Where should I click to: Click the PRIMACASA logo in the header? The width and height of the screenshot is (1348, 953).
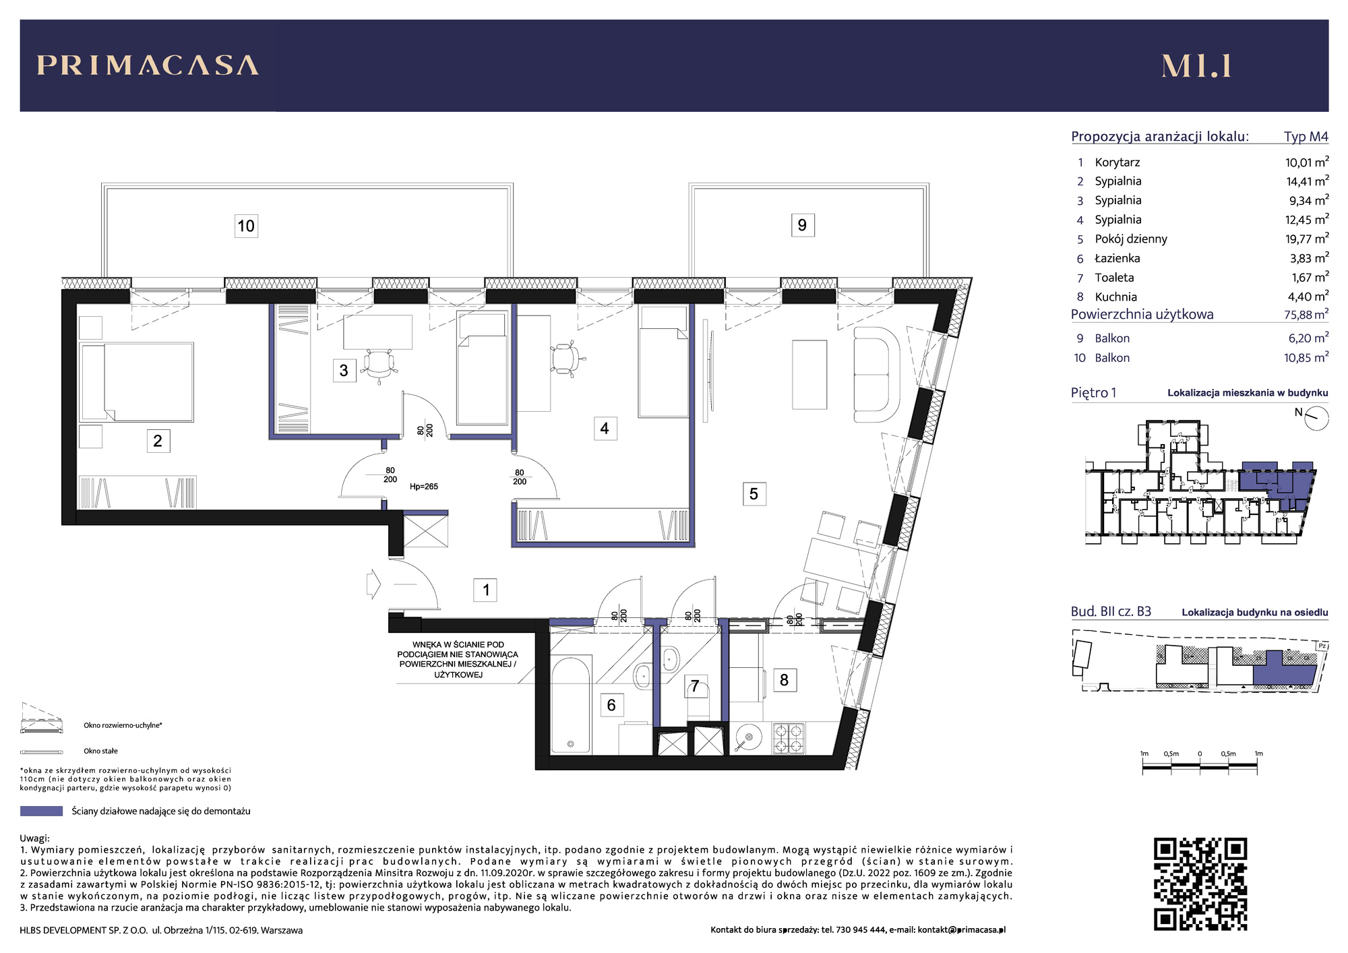coord(148,65)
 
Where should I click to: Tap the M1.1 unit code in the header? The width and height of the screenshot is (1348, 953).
coord(1196,66)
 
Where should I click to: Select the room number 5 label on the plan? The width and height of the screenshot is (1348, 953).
coord(754,494)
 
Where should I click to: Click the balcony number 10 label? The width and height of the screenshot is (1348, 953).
coord(246,226)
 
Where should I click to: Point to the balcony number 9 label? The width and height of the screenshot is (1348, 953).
coord(802,225)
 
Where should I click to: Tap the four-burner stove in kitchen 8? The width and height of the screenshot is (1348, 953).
coord(788,738)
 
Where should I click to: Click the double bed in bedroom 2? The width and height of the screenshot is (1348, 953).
coord(137,382)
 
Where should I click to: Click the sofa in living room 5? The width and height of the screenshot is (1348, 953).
coord(877,374)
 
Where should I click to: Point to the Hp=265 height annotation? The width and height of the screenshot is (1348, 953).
coord(424,487)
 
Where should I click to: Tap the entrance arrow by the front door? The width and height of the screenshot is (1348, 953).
coord(373,584)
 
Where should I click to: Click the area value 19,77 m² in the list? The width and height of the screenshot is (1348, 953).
coord(1306,239)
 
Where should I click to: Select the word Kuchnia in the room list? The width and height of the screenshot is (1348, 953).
coord(1115,297)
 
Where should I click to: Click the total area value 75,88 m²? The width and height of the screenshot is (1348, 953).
coord(1306,315)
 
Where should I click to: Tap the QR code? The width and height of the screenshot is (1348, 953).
coord(1200,884)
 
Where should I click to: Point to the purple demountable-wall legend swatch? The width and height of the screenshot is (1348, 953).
coord(41,811)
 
